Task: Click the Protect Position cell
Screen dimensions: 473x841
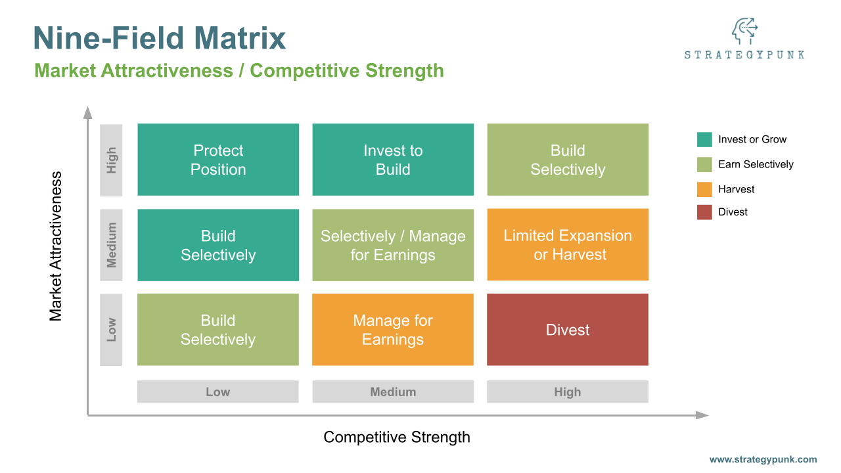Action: coord(218,160)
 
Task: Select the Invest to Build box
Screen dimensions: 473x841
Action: coord(393,160)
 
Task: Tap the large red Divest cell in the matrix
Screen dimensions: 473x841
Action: coord(568,330)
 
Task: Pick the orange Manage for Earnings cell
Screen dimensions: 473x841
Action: coord(393,330)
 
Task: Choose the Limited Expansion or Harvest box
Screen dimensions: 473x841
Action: coord(568,244)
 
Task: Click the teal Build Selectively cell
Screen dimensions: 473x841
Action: coord(218,245)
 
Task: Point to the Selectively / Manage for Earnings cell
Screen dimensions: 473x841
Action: coord(393,245)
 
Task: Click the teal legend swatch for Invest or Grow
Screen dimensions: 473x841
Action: coord(704,139)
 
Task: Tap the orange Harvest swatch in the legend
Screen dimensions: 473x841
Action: coord(704,189)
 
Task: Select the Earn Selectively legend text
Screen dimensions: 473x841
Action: coord(756,164)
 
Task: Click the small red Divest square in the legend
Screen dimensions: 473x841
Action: coord(704,212)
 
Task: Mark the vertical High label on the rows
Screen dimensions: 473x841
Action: coord(111,160)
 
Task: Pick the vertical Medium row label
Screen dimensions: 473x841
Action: coord(111,245)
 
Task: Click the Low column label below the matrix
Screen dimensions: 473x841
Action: coord(218,392)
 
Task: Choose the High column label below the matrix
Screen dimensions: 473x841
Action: coord(568,392)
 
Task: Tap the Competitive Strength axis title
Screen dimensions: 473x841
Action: coord(397,437)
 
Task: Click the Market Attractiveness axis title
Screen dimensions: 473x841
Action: coord(56,246)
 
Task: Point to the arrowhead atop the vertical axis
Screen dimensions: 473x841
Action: coord(87,112)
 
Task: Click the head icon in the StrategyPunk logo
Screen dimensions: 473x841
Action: coord(744,32)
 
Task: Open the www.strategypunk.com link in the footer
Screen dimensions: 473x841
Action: coord(763,460)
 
